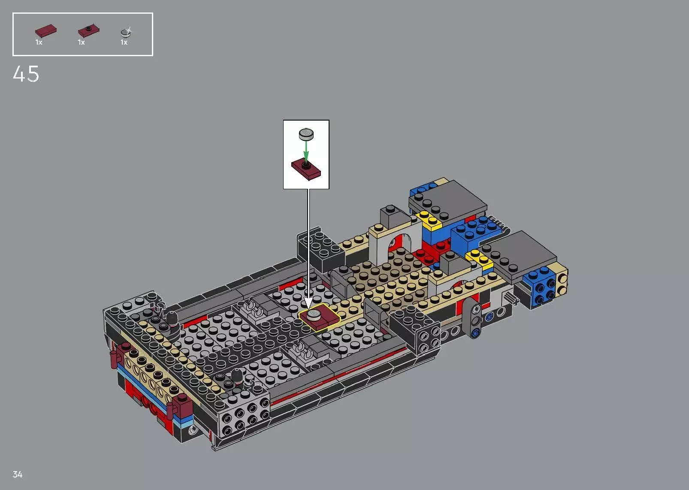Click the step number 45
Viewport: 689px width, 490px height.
coord(26,74)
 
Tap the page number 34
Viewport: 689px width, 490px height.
coord(18,474)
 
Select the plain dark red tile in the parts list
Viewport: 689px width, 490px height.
coord(45,30)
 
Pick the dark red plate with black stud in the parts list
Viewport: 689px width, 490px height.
coord(88,30)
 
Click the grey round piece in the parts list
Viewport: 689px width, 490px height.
coord(126,32)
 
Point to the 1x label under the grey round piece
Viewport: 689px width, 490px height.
coord(124,42)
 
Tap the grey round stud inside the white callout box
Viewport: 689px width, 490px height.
coord(306,134)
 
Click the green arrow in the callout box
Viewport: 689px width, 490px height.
coord(306,152)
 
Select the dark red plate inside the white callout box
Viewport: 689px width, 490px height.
coord(306,169)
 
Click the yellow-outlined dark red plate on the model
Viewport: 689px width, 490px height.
coord(319,318)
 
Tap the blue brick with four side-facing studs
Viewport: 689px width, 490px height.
coord(541,289)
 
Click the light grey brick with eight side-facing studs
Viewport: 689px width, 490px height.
coord(245,414)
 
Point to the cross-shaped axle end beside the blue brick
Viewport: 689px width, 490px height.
coord(509,296)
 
